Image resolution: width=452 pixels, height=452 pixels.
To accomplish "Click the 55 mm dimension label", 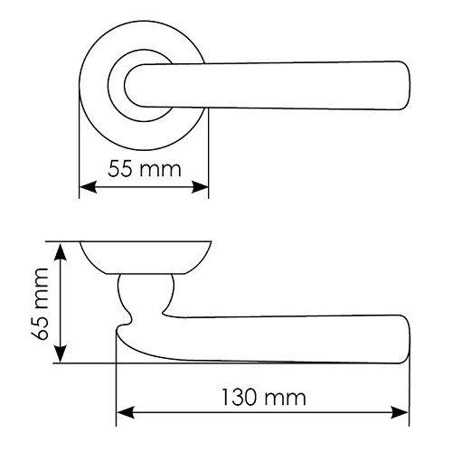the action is click(x=145, y=169).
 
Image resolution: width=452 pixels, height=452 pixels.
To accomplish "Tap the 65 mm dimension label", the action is click(x=40, y=304).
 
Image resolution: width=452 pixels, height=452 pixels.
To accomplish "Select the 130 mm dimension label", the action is click(x=264, y=397).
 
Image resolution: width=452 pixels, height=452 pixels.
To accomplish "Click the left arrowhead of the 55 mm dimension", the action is click(x=88, y=187).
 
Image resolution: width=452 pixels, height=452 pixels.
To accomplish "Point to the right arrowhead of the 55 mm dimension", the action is click(x=200, y=187).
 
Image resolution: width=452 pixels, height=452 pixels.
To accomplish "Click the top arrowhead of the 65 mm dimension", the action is click(x=61, y=251).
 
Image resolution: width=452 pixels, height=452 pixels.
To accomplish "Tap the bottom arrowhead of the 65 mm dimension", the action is click(x=61, y=353).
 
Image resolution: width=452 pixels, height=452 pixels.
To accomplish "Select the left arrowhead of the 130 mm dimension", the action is click(x=126, y=412).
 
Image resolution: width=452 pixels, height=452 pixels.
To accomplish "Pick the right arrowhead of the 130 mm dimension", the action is click(x=400, y=412).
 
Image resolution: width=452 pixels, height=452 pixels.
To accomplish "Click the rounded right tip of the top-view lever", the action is click(x=406, y=85).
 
